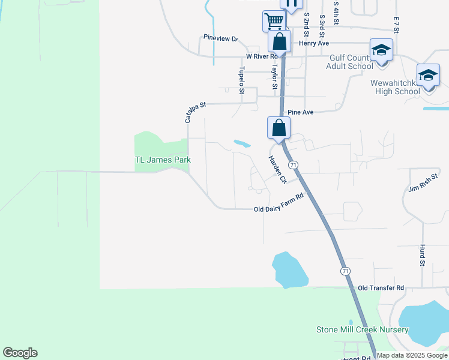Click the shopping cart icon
(274, 22)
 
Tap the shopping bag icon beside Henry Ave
(279, 42)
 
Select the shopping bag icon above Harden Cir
(279, 128)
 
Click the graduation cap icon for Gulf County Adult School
(381, 50)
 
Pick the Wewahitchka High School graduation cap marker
(428, 76)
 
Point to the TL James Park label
(163, 160)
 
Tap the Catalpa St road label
(194, 112)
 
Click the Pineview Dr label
(220, 38)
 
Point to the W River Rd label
(261, 56)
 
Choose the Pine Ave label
(301, 112)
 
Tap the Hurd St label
(423, 255)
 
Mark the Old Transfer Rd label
(381, 288)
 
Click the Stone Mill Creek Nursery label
(363, 329)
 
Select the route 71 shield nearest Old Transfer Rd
(344, 272)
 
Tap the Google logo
(20, 353)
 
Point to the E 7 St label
(396, 25)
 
